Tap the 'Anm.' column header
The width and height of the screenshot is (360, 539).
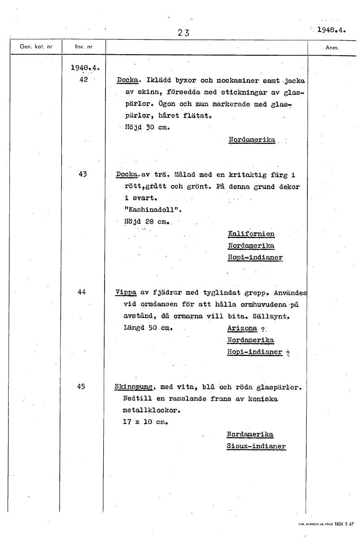(x=332, y=47)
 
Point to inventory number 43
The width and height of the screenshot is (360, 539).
(x=81, y=174)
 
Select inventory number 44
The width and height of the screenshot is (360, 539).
(x=81, y=292)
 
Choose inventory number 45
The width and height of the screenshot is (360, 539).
(x=81, y=386)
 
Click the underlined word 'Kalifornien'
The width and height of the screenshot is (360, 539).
(x=251, y=234)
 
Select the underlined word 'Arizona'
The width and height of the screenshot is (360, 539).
(x=242, y=328)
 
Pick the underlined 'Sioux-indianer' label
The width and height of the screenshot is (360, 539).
(x=256, y=446)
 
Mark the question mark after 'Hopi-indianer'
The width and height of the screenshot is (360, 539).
(x=288, y=353)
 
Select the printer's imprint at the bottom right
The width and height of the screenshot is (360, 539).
(x=326, y=524)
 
